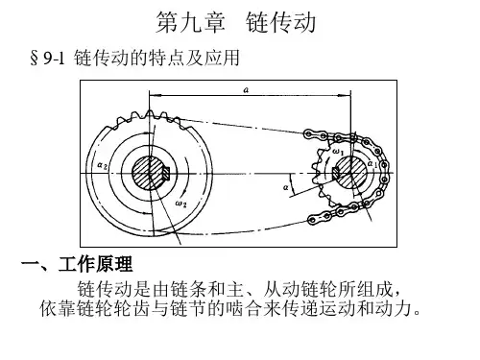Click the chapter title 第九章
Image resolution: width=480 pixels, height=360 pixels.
[x=191, y=22]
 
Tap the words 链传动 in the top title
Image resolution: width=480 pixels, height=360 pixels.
[x=281, y=22]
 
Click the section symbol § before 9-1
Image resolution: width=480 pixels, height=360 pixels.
[x=34, y=59]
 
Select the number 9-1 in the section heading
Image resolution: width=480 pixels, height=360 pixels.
[x=54, y=59]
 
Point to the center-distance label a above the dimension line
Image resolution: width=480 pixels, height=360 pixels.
[x=246, y=90]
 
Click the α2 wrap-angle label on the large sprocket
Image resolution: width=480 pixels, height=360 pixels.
[x=103, y=165]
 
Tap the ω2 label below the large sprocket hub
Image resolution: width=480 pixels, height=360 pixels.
[x=180, y=204]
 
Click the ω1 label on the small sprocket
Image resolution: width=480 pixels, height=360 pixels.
[x=338, y=152]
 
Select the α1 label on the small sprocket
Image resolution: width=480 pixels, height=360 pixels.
[x=372, y=164]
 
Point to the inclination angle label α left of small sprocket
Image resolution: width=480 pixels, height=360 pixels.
[x=286, y=187]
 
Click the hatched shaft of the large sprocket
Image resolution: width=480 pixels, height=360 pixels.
[x=148, y=173]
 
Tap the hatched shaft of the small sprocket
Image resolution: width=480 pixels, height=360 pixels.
[x=350, y=173]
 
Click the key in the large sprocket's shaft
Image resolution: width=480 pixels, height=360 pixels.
[x=166, y=173]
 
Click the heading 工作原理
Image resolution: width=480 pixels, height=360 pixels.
[x=95, y=264]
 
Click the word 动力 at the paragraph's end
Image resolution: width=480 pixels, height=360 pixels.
[x=393, y=308]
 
